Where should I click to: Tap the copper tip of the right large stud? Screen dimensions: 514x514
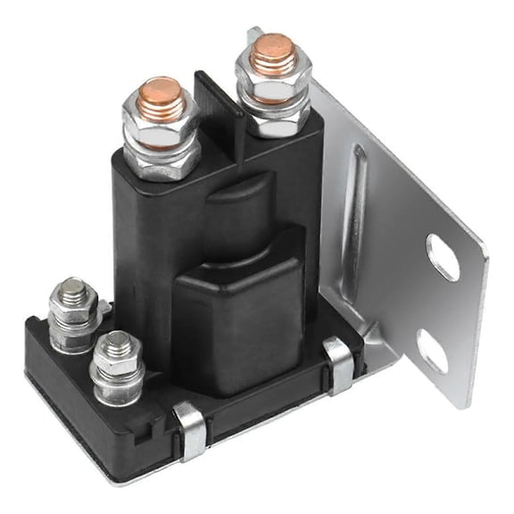click(x=272, y=46)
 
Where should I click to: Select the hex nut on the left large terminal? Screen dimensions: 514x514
click(x=161, y=128)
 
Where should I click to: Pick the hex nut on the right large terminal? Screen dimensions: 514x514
click(x=272, y=81)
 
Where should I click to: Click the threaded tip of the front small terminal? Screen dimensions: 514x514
click(x=115, y=341)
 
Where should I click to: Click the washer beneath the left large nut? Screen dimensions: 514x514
click(x=161, y=162)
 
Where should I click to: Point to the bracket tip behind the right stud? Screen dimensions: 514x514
click(x=255, y=33)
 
